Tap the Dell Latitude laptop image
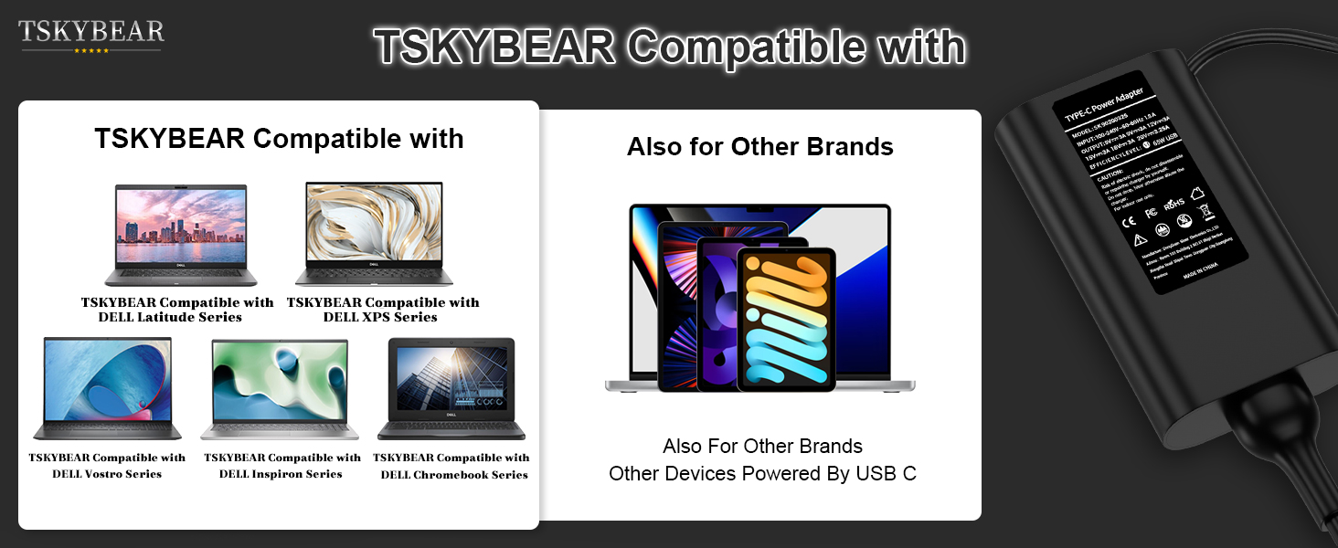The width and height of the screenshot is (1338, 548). (x=181, y=235)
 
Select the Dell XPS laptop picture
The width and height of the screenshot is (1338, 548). (x=374, y=233)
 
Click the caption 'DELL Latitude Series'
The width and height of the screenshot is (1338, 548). (x=170, y=318)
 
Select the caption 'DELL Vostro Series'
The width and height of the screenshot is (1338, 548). (x=107, y=474)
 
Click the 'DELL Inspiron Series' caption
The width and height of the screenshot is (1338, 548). (x=281, y=474)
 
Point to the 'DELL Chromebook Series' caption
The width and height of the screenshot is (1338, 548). (x=454, y=475)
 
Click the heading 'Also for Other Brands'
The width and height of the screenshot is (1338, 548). (x=760, y=147)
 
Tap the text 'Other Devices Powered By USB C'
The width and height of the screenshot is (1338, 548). (x=762, y=474)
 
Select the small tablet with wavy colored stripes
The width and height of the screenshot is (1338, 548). (x=786, y=319)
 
